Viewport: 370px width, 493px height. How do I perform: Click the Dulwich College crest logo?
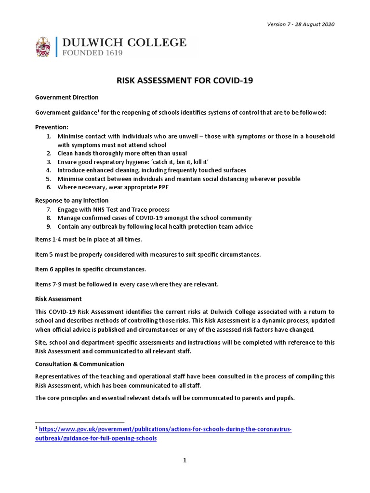[43, 47]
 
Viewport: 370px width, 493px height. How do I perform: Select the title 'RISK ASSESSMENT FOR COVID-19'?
[185, 81]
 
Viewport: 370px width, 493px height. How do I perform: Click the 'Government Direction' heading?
[67, 97]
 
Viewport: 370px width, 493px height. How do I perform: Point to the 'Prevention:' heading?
[52, 127]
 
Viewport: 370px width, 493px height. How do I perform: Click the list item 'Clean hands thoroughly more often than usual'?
[122, 153]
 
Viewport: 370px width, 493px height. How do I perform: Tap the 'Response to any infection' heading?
[72, 200]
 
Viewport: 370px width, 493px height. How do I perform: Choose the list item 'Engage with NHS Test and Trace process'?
[113, 209]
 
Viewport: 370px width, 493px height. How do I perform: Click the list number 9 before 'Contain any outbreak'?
[49, 227]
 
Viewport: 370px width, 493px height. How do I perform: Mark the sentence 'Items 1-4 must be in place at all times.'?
[89, 239]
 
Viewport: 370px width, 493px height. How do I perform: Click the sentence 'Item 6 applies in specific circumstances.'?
[91, 269]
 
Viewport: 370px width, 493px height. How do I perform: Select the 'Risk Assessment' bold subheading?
[58, 299]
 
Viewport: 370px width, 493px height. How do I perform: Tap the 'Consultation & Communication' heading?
[80, 363]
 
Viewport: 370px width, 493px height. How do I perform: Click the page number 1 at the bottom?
[185, 460]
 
